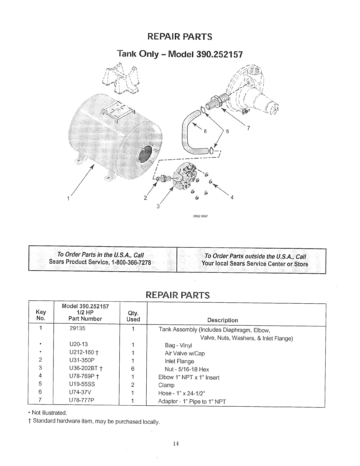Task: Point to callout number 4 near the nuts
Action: tap(232, 198)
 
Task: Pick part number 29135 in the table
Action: tap(77, 328)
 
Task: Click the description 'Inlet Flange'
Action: tap(179, 361)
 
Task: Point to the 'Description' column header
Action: tap(222, 320)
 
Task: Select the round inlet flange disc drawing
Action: tap(185, 177)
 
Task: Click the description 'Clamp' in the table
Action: tap(166, 385)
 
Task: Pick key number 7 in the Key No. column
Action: tap(41, 400)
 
